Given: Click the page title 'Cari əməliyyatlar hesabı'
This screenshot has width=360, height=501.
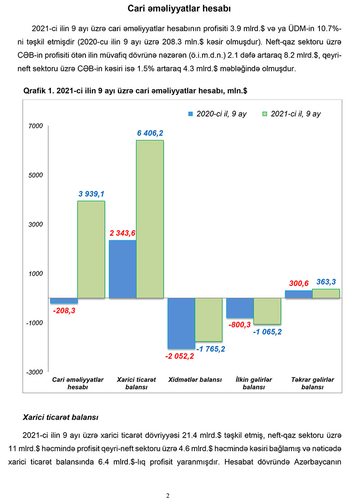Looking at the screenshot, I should click(x=180, y=9).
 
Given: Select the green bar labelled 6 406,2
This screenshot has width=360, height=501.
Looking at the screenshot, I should click(x=150, y=219).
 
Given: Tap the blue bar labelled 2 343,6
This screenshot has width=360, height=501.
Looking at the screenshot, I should click(x=123, y=269).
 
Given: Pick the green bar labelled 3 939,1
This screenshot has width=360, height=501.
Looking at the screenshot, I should click(x=91, y=250).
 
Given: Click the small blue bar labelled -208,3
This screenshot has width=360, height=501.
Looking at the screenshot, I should click(x=64, y=300).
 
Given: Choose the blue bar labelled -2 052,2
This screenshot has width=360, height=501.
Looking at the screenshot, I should click(x=181, y=323).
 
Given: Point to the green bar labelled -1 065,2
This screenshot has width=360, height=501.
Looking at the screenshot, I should click(x=267, y=311).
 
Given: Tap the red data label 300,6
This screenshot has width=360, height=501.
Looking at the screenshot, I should click(x=298, y=283).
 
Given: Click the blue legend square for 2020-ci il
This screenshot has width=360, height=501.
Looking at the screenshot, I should click(x=191, y=114).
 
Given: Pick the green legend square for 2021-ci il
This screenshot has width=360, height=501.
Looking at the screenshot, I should click(x=265, y=114).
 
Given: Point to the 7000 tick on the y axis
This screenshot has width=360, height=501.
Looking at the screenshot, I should click(x=36, y=126).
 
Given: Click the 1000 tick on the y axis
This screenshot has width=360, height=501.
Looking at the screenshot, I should click(x=36, y=273).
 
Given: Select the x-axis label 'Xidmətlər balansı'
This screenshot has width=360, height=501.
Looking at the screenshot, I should click(x=195, y=380).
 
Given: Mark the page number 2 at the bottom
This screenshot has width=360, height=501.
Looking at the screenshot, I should click(x=168, y=496).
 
